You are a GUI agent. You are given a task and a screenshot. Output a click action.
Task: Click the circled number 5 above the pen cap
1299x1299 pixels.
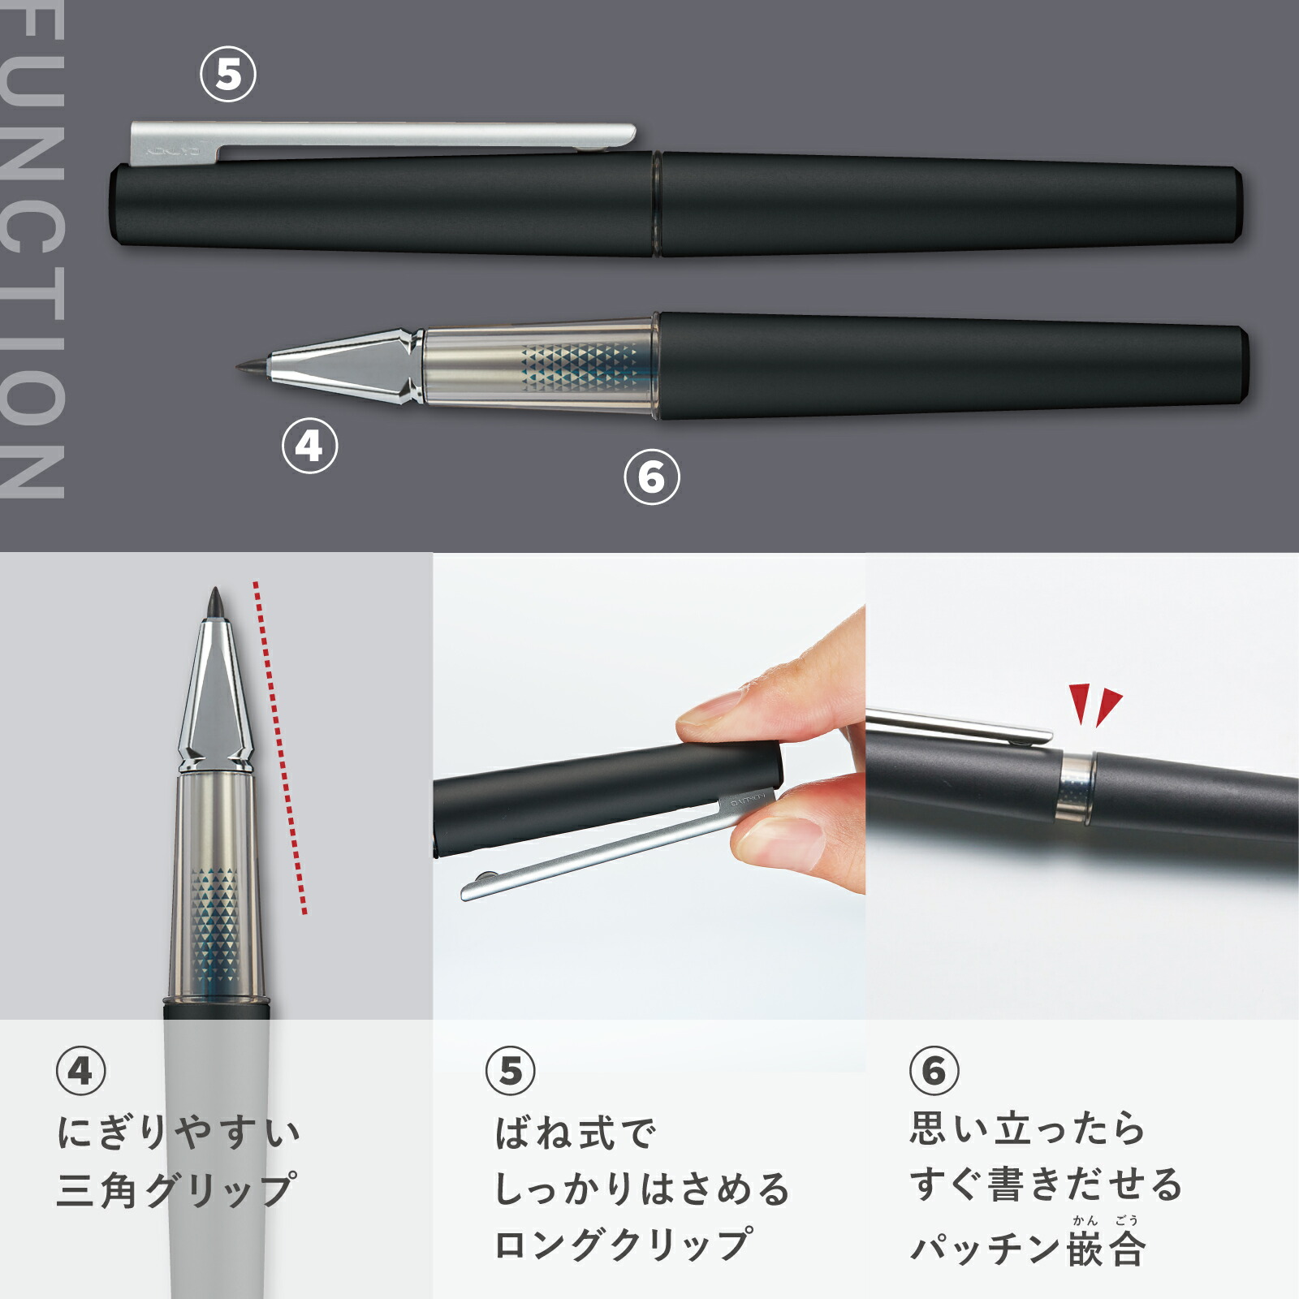(228, 75)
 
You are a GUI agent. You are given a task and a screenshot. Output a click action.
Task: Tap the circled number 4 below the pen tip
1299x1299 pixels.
(309, 446)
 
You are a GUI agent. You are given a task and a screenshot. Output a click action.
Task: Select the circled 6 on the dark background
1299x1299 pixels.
(652, 477)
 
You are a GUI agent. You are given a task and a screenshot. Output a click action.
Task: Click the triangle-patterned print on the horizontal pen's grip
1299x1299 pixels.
(579, 366)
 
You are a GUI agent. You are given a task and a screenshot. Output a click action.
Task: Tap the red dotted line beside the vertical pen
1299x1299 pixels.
(280, 747)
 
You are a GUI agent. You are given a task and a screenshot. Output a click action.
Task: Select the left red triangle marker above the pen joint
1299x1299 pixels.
(1079, 703)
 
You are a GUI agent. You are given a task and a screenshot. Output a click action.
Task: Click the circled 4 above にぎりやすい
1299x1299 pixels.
(81, 1071)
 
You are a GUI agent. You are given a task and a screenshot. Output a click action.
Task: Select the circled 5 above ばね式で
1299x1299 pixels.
(511, 1071)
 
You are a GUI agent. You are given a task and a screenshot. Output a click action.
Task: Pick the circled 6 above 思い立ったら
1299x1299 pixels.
(934, 1071)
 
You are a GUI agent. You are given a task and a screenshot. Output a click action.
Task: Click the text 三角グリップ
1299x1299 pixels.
(176, 1190)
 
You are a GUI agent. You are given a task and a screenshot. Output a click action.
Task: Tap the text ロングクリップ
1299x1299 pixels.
(624, 1245)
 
